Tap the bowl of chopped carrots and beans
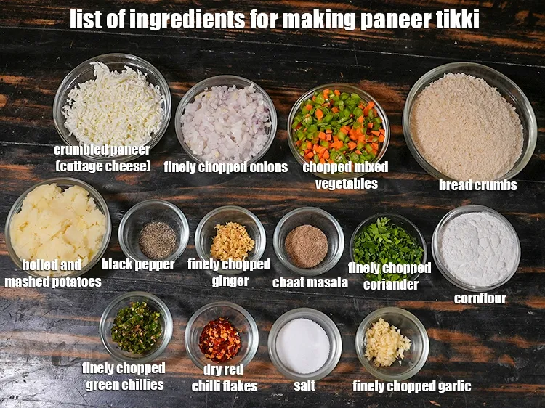[339, 125]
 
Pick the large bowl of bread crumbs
[469, 123]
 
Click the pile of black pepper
[158, 240]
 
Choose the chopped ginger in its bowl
[233, 242]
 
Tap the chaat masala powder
[306, 246]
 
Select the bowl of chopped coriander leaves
[388, 248]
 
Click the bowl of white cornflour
[476, 248]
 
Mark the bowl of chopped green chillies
[136, 327]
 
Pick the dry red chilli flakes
[220, 340]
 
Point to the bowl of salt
[304, 343]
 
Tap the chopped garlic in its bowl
[387, 343]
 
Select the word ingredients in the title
[187, 20]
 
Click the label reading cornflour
[480, 298]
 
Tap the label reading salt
[304, 385]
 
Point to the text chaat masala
[310, 282]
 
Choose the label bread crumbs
[478, 184]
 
